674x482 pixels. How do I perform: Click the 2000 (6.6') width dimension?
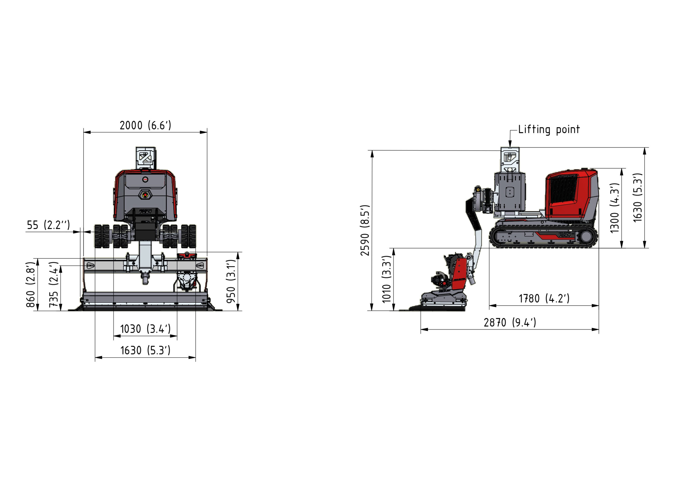145,125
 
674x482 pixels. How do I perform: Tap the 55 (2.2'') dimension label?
48,225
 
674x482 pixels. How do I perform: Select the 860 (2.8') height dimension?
31,285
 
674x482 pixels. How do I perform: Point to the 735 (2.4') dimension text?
54,285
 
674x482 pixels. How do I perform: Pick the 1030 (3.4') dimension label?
145,329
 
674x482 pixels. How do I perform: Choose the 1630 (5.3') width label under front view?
145,350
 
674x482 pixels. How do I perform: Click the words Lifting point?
549,129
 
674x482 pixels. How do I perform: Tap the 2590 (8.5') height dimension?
365,230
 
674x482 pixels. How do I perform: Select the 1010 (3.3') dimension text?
387,279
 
